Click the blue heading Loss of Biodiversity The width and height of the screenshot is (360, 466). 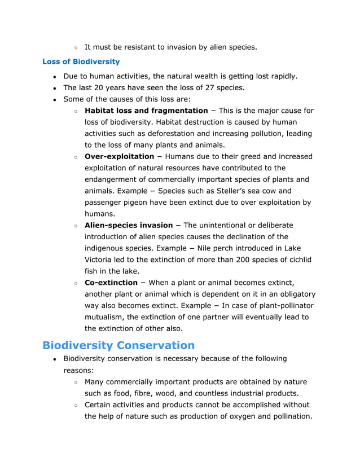pyautogui.click(x=81, y=61)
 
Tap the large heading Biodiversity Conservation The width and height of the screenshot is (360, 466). pyautogui.click(x=118, y=345)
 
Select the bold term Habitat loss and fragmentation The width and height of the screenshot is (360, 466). pyautogui.click(x=146, y=111)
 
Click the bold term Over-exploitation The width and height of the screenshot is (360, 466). pyautogui.click(x=119, y=156)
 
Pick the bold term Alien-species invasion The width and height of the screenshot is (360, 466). pyautogui.click(x=129, y=225)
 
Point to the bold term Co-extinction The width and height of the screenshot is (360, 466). pyautogui.click(x=111, y=283)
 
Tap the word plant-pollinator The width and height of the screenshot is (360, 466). pyautogui.click(x=286, y=305)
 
